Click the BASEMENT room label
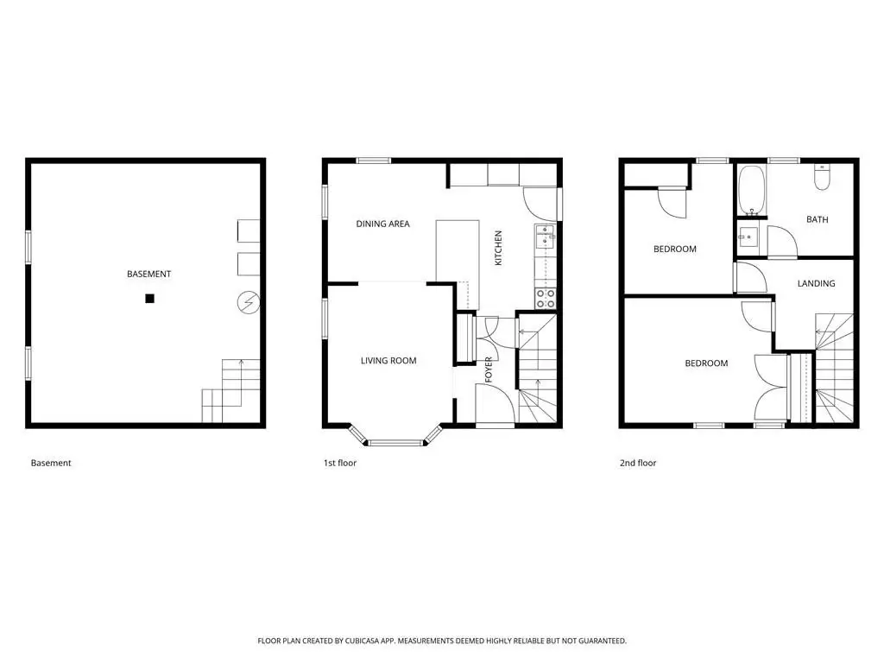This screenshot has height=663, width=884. (x=148, y=274)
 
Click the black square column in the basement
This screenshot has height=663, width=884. (x=149, y=299)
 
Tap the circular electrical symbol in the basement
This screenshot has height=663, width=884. (x=248, y=303)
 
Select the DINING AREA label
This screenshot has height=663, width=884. (x=382, y=224)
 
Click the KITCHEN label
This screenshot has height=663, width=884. (x=498, y=248)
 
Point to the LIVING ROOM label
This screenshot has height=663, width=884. (x=388, y=361)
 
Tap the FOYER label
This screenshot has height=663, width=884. (x=489, y=369)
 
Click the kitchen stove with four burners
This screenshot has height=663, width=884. (x=546, y=299)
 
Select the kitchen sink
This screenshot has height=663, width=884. (x=545, y=237)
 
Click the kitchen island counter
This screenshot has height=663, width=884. (x=458, y=264)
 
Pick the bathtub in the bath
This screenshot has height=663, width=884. (x=752, y=190)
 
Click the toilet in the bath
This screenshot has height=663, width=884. (x=822, y=177)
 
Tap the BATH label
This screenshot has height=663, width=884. (x=818, y=220)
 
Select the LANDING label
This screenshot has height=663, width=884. (x=817, y=283)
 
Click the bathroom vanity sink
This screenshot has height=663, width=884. (x=748, y=237)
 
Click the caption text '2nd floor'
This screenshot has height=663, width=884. (x=638, y=463)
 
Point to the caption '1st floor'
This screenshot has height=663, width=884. (x=340, y=463)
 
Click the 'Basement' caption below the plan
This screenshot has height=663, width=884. (x=51, y=463)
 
